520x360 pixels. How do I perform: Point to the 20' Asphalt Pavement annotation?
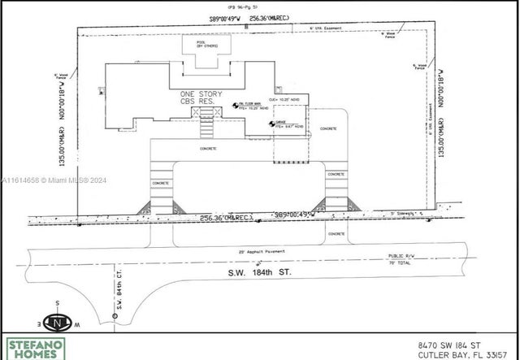click(259, 251)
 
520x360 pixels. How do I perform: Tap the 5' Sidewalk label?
click(402, 212)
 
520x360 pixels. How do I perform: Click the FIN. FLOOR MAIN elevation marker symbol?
click(234, 103)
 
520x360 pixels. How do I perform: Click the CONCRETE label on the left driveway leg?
click(160, 183)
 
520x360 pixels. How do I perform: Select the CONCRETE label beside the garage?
click(327, 128)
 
